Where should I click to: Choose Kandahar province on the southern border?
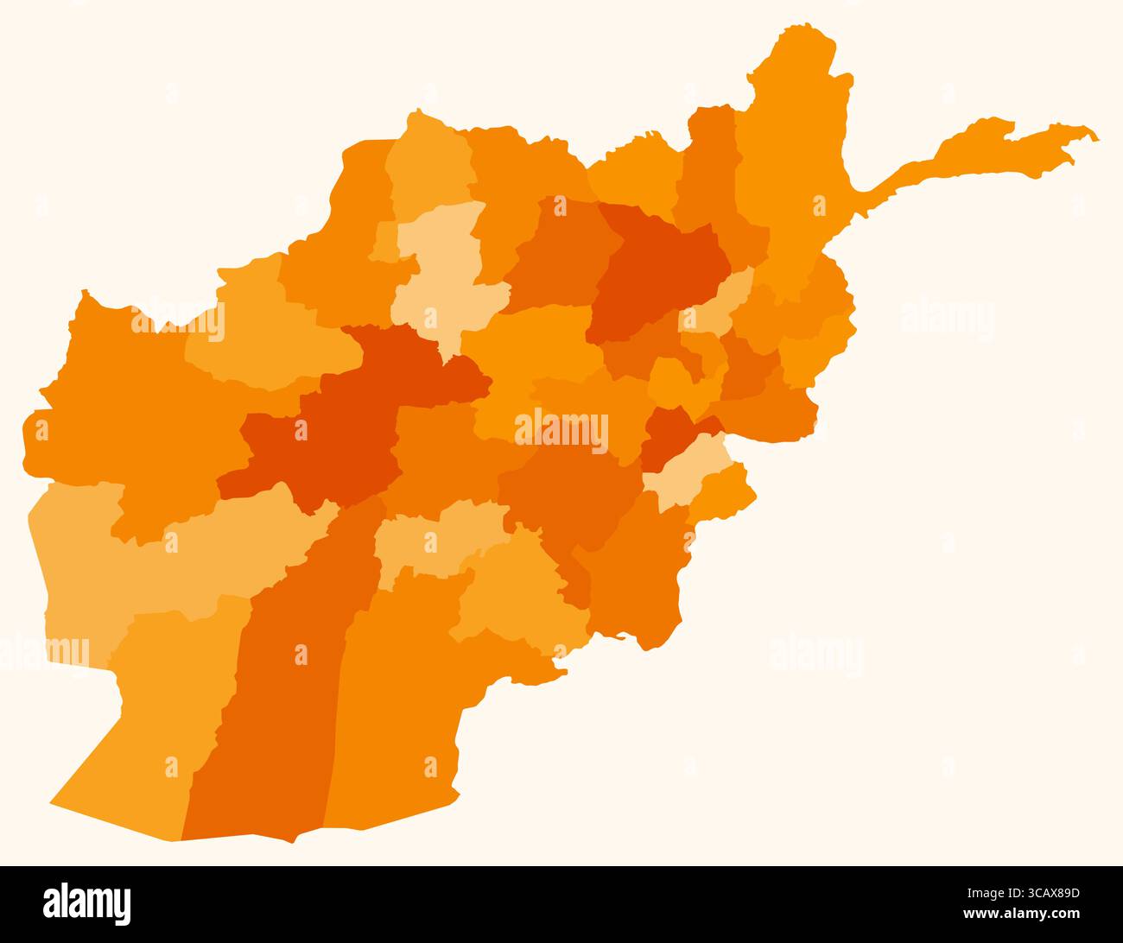[x=397, y=691]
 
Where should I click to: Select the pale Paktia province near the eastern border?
[x=687, y=471]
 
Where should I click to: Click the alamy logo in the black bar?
[x=87, y=903]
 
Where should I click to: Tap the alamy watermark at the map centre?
[x=561, y=429]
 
